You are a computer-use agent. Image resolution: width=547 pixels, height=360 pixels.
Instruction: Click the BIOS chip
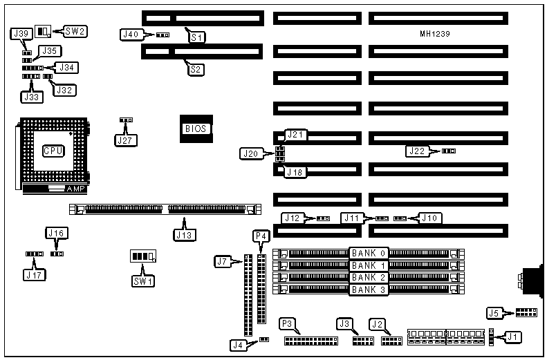tap(195, 129)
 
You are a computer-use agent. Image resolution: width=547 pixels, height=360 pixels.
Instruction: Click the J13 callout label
tap(185, 234)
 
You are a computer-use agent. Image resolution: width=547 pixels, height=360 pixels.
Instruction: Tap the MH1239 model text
tap(436, 33)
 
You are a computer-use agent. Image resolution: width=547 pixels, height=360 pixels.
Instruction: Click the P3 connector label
tap(287, 323)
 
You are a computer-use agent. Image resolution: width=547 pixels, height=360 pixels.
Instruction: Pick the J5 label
tap(493, 313)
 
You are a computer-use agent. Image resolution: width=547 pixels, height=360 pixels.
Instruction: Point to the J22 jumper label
tap(417, 151)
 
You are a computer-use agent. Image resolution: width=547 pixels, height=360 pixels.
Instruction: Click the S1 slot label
tap(198, 37)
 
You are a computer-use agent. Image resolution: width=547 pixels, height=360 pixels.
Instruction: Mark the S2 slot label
tap(197, 68)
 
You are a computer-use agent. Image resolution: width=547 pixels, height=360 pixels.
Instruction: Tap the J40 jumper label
tap(131, 34)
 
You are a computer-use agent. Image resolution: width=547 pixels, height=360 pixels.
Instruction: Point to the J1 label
tap(512, 337)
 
